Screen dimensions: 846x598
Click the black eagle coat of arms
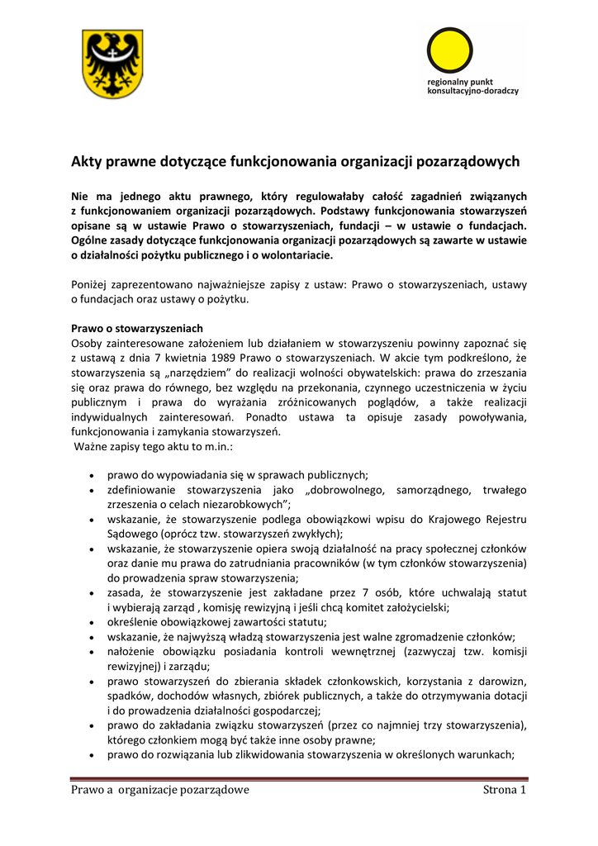pos(112,64)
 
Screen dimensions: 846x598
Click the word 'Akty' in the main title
pos(87,162)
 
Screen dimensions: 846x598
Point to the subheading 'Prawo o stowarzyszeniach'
pos(137,328)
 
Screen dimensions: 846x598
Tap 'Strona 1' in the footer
pos(504,791)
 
